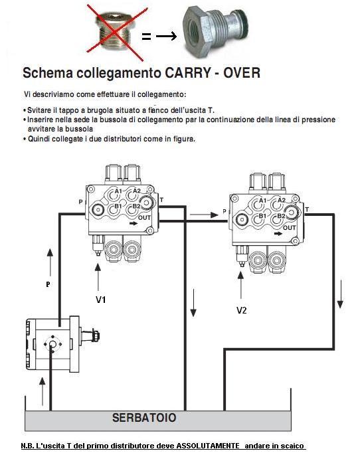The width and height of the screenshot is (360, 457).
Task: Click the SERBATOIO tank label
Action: [144, 417]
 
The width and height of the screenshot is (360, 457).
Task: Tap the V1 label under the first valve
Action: [100, 300]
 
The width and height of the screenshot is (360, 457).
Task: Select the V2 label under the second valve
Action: [241, 310]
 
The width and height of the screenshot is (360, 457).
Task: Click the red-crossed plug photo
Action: [116, 34]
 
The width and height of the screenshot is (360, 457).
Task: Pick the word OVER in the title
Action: [242, 72]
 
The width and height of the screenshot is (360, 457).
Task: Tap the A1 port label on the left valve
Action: [118, 191]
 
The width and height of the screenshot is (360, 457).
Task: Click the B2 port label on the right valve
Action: [281, 216]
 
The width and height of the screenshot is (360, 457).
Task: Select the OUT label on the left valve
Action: [144, 217]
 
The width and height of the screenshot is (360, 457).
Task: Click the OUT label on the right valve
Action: [289, 227]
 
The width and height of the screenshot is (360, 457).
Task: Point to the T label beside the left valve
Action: [161, 200]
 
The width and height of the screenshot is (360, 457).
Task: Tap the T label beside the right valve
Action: [307, 209]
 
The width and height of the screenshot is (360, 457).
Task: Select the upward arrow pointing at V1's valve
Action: [98, 276]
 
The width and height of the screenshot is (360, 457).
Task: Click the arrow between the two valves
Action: [204, 215]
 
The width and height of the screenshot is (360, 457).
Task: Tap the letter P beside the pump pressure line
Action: [48, 284]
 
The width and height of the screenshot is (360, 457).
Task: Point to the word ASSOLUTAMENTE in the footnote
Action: [208, 446]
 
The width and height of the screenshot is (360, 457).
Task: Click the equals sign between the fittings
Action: [146, 37]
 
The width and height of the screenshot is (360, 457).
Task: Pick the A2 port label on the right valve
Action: [282, 200]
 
